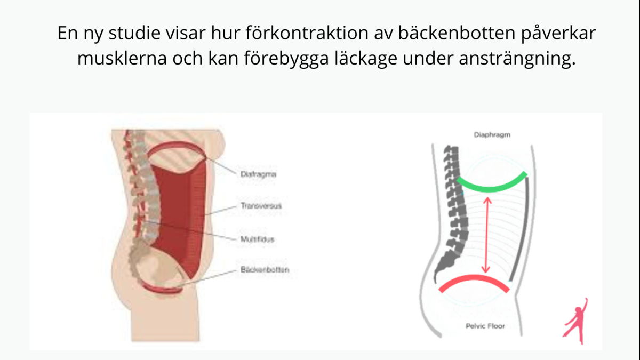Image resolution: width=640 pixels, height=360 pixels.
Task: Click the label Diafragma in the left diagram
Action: (x=258, y=173)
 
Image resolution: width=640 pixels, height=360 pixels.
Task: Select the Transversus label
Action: (x=261, y=205)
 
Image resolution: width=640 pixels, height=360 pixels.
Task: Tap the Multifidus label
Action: (x=257, y=240)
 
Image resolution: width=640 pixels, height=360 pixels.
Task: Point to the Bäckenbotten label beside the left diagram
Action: (x=265, y=270)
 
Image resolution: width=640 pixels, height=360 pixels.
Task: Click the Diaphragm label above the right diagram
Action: (x=492, y=135)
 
